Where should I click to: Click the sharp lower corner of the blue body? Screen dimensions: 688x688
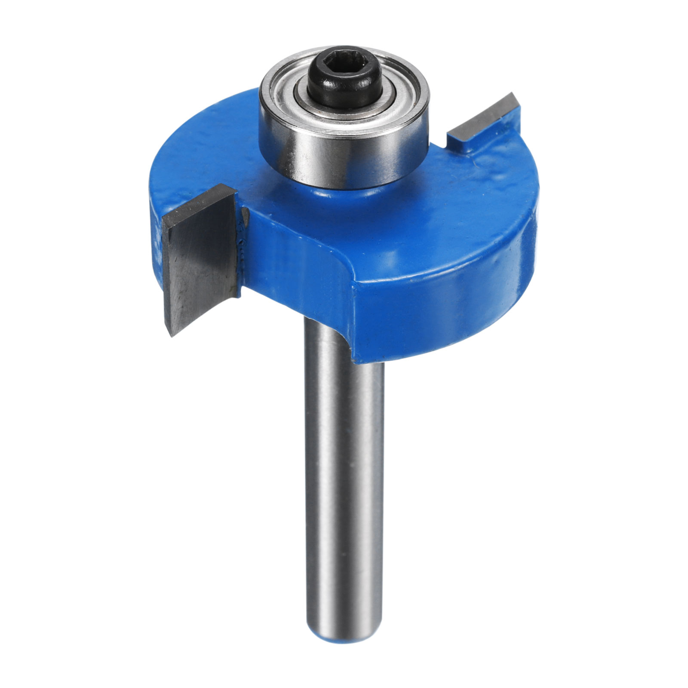point(355,357)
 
